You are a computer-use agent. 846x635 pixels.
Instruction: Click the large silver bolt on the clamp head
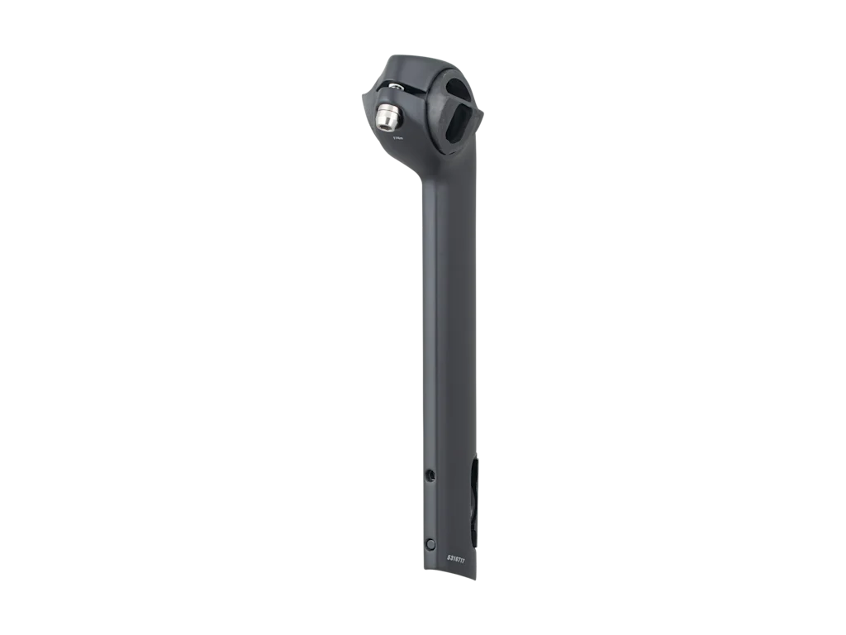pos(386,118)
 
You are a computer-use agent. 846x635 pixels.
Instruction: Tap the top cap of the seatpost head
pos(417,63)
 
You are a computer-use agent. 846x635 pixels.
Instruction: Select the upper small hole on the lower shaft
pos(430,474)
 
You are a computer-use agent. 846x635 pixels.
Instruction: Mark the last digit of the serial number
pos(464,559)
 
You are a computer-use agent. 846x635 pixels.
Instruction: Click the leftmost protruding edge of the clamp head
pos(361,99)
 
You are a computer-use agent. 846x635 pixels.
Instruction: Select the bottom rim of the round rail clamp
pos(459,149)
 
